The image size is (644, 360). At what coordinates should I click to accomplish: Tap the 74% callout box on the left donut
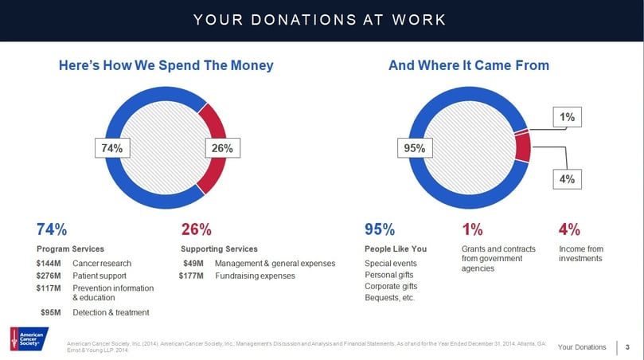tap(110, 147)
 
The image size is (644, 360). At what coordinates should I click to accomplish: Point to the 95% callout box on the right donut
tap(414, 147)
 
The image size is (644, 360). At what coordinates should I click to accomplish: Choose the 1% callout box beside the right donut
tap(568, 117)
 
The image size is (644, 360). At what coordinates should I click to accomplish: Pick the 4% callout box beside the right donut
tap(568, 179)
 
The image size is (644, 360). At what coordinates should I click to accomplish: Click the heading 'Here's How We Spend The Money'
tap(166, 65)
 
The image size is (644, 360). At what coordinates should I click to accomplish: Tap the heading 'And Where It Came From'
tap(468, 65)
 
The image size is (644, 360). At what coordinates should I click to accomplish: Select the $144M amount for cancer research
tap(50, 264)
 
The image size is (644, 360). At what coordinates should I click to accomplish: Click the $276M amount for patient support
tap(50, 276)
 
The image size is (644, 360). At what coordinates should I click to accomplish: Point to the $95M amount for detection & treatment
tap(53, 312)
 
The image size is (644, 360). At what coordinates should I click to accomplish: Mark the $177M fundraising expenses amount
tap(192, 276)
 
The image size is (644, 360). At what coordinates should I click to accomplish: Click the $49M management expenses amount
tap(194, 264)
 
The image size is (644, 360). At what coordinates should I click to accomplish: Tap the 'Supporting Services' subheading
tap(219, 248)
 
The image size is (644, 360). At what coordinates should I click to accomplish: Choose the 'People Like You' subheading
tap(396, 248)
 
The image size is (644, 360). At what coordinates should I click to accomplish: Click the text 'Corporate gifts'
tap(391, 286)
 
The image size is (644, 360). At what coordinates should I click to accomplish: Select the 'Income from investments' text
tap(580, 253)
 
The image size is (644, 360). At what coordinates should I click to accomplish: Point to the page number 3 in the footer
tap(628, 346)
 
